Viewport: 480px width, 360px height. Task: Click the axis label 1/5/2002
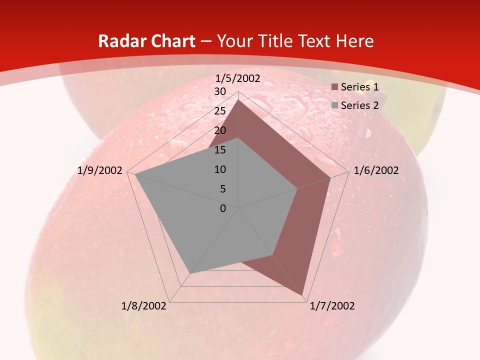[x=238, y=78]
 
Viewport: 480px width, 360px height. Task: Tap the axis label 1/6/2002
[x=376, y=170]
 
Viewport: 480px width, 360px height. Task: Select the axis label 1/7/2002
[x=332, y=306]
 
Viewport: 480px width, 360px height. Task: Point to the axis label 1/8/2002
[x=144, y=306]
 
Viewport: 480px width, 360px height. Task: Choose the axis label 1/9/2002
[x=100, y=170]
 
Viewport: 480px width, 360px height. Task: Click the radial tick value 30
[x=220, y=91]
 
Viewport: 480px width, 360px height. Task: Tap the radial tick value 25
[x=220, y=111]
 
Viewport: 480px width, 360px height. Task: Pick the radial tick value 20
[x=220, y=130]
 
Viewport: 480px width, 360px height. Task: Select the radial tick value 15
[x=220, y=150]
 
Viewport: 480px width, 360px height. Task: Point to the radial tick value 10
[x=220, y=169]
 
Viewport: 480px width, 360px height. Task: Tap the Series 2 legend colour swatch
[x=335, y=105]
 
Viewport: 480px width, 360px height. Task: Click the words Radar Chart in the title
[x=146, y=41]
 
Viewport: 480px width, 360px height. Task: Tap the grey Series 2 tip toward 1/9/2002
[x=134, y=174]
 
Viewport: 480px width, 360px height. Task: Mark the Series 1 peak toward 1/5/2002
[x=238, y=100]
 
